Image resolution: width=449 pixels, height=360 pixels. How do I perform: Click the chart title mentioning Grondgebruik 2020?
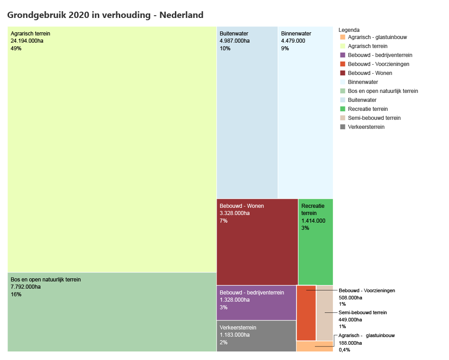(105, 15)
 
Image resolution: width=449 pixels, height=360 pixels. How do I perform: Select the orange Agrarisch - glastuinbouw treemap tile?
(314, 346)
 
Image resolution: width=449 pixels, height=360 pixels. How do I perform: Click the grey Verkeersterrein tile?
(256, 336)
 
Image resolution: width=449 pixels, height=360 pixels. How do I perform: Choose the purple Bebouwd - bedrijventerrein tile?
(256, 303)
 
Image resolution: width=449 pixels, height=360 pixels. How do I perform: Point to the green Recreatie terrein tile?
(315, 251)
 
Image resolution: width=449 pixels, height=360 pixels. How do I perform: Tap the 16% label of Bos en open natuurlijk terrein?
(16, 294)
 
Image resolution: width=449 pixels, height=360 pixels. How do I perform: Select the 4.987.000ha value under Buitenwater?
(235, 41)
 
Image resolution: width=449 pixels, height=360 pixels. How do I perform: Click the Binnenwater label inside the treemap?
(296, 34)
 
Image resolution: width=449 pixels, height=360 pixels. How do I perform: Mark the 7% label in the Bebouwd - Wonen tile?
(223, 221)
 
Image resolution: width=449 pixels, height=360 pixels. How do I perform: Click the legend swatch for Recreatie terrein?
(343, 109)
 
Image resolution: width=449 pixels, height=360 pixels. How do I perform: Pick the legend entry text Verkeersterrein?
(366, 127)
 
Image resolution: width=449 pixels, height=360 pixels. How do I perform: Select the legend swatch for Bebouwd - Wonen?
(343, 73)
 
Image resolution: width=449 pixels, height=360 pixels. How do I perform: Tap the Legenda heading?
(349, 30)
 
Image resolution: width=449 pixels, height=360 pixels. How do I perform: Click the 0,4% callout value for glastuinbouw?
(344, 350)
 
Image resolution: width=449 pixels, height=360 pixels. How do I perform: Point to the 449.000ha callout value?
(350, 320)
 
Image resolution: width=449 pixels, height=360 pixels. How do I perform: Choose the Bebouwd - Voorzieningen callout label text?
(367, 290)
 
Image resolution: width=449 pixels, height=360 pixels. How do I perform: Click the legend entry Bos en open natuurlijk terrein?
(383, 91)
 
